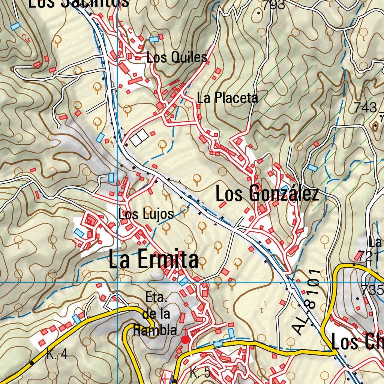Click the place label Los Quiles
coord(177,57)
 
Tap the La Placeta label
coord(228,98)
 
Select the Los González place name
coord(267,195)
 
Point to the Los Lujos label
coord(146,214)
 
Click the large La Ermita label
coord(153,259)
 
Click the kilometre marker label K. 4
coord(57,354)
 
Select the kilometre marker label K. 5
coord(200,373)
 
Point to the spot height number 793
coord(273,5)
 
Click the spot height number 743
coord(365,108)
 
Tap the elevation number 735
coord(372,290)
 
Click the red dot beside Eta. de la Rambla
coord(185,340)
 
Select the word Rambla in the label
coord(155,330)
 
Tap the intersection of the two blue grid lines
coord(117,282)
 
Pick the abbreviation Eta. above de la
coord(156,298)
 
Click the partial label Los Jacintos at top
coord(79,3)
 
